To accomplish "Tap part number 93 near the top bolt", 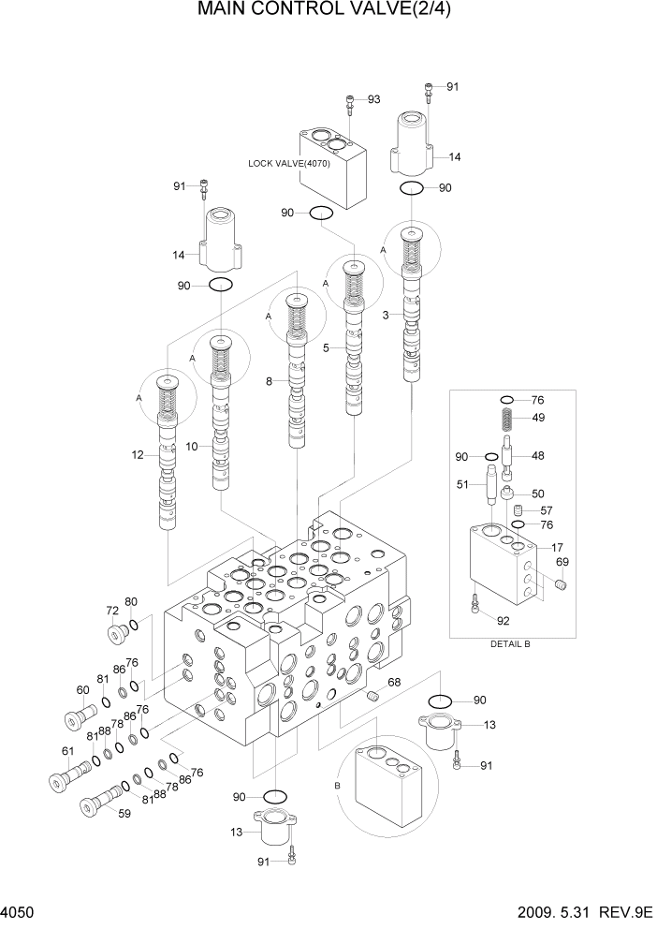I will [373, 99].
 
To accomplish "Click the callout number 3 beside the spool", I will [385, 316].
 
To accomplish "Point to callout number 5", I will [327, 347].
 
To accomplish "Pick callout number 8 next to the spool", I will [269, 381].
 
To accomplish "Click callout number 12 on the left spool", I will [139, 455].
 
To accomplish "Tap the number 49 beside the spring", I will [538, 418].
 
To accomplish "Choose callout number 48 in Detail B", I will [538, 457].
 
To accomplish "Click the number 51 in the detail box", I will [462, 484].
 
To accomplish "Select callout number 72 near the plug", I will [112, 611].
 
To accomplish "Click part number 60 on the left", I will [82, 689].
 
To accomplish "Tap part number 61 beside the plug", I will [67, 751].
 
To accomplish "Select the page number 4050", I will [18, 911].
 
